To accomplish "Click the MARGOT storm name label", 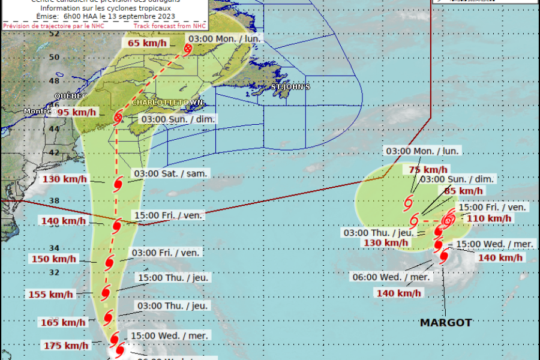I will click(x=446, y=323).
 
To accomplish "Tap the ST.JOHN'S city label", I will click(x=290, y=87).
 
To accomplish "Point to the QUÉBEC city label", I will click(x=71, y=96).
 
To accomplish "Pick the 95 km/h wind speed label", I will click(x=77, y=112).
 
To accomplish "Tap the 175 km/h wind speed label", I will click(x=66, y=346).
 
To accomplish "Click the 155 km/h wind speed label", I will click(x=51, y=295).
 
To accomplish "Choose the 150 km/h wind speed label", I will click(x=54, y=259).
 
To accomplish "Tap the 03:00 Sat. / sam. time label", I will click(x=171, y=173).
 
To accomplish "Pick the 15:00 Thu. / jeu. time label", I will click(x=173, y=278).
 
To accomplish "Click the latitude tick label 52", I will click(x=54, y=34).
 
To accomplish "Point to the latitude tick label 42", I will click(x=54, y=152).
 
